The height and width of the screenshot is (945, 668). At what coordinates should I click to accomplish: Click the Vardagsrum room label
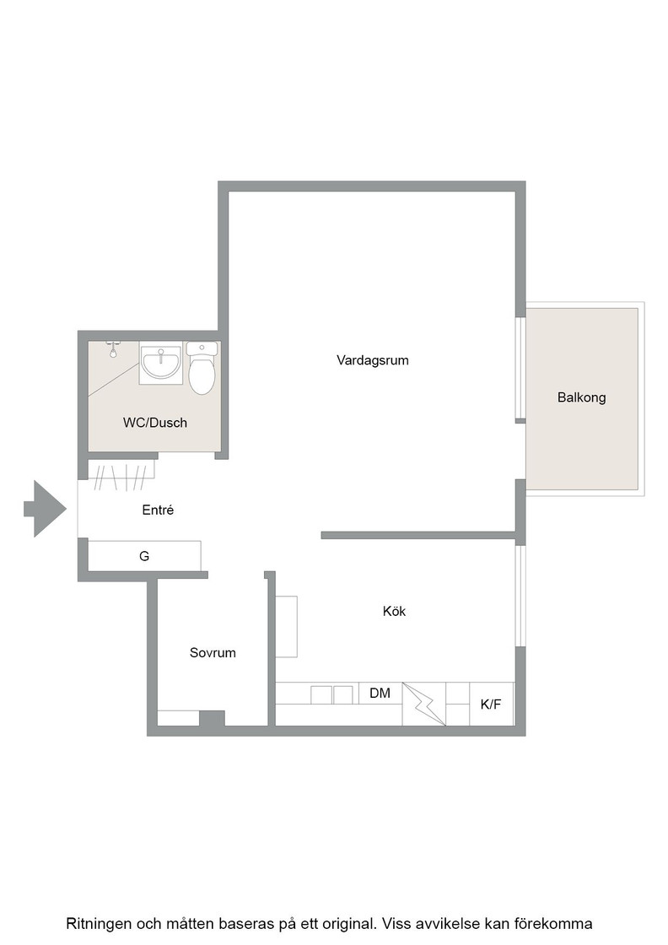coord(372,360)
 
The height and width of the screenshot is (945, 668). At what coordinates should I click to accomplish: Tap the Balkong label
coord(581,397)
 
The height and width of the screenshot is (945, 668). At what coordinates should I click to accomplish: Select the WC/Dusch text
coord(155,423)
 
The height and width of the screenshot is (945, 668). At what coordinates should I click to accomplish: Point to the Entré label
coord(158,510)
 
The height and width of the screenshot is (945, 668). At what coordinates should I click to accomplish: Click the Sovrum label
coord(213,653)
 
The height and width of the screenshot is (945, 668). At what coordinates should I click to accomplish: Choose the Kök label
coord(395,611)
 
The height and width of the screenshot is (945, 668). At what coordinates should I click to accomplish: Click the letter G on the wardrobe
coord(144,556)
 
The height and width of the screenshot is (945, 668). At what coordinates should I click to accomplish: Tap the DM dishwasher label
coord(380,693)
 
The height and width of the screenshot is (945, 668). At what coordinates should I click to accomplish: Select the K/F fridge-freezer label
coord(490,704)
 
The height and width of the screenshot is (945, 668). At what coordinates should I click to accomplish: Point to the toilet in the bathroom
coord(202,368)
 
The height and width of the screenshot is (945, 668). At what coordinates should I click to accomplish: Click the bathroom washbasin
coord(160,363)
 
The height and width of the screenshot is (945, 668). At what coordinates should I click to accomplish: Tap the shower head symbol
coord(113,349)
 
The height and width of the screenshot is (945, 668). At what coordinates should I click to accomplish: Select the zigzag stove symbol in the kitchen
coord(424,704)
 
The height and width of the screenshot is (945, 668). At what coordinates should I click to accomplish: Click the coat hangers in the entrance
coord(122,476)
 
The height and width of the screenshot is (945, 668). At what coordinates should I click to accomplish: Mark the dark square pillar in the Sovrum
coord(212,718)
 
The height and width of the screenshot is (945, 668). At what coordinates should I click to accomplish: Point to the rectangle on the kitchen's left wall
coord(287,626)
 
